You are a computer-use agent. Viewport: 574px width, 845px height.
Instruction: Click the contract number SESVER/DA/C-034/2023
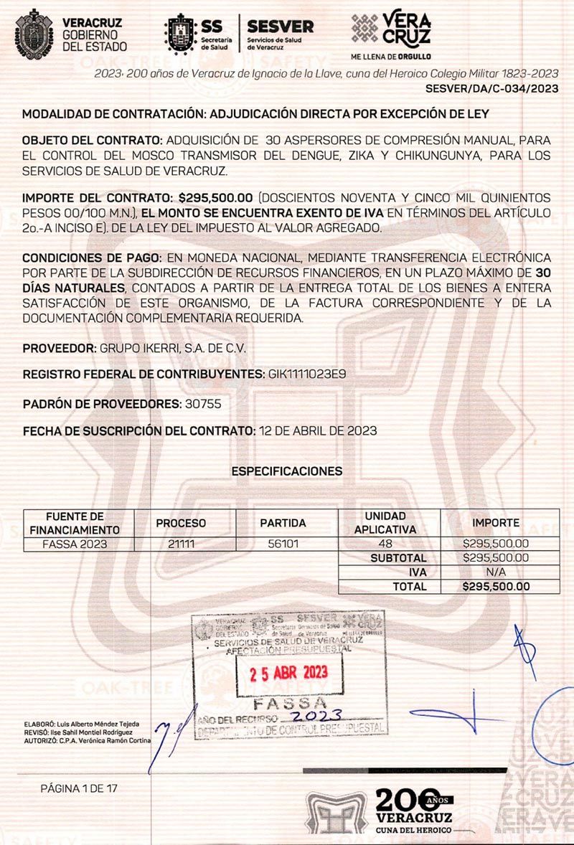[491, 89]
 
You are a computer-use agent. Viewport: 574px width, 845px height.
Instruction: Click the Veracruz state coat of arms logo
[34, 34]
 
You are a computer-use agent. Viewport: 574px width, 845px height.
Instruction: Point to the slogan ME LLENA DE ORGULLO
[390, 55]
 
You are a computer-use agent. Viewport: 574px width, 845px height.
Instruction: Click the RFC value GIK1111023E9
[307, 374]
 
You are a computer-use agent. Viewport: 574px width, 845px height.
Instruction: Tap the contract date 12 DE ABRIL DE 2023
[316, 431]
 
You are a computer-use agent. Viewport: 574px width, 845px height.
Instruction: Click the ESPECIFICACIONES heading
[287, 471]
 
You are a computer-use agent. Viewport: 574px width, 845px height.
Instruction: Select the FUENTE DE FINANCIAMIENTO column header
[75, 523]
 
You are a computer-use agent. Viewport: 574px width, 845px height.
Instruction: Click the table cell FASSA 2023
[75, 544]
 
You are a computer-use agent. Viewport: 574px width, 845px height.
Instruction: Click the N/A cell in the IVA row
[496, 572]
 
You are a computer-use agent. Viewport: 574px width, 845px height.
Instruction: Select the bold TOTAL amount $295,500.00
[496, 586]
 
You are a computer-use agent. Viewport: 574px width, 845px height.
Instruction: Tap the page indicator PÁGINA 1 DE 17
[79, 788]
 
